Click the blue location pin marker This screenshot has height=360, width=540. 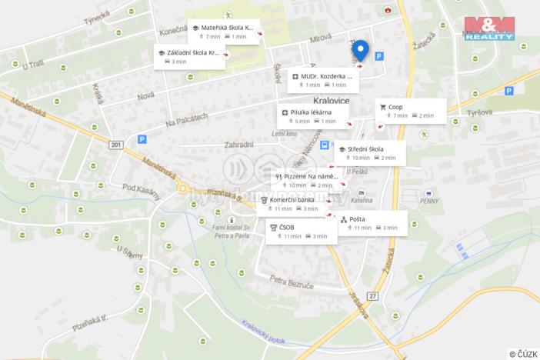361,50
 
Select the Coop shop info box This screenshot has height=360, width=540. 410,111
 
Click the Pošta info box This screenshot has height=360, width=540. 373,223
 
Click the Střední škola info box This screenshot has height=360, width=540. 371,152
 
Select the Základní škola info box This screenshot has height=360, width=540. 190,57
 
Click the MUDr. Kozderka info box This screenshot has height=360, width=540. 324,80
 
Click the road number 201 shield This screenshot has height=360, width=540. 116,144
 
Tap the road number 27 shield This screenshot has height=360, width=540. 373,296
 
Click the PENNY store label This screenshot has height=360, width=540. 429,202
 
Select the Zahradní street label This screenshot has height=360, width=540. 238,145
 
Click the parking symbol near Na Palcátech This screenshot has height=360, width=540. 142,139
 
